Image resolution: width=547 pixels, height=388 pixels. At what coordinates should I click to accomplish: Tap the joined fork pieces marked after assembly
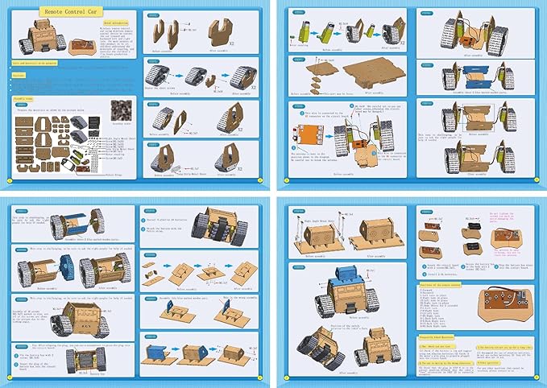click(x=217, y=30)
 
